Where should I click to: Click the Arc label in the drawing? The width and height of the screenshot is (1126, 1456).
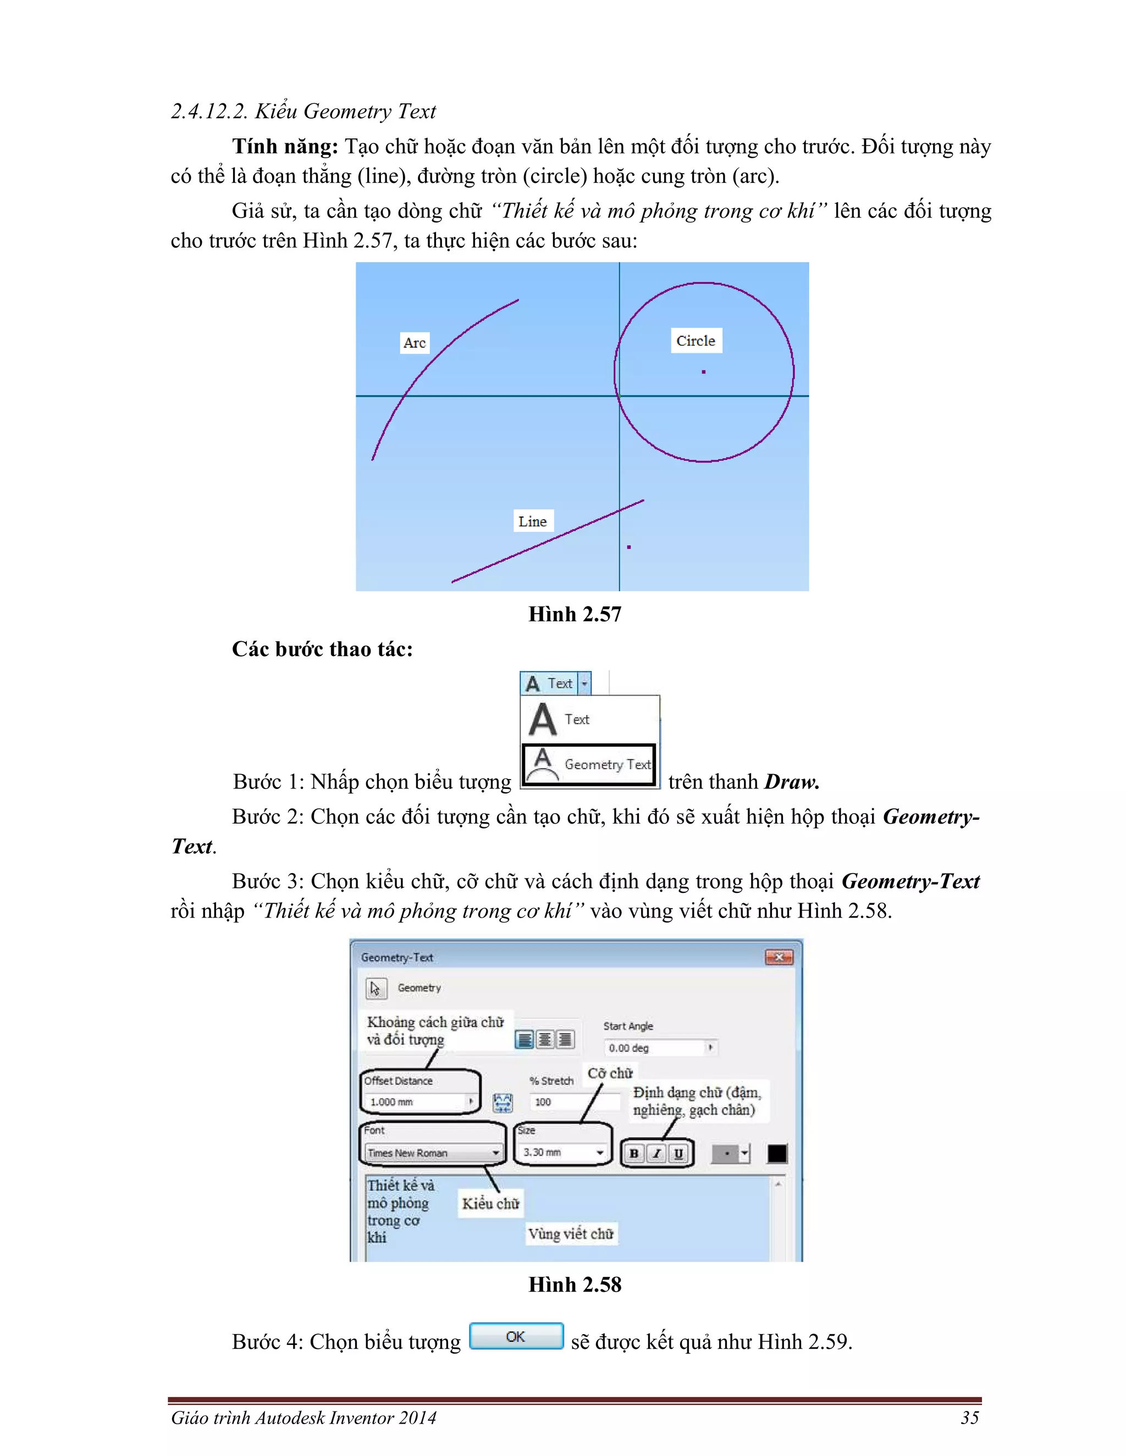click(414, 343)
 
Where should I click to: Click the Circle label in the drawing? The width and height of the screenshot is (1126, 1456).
click(696, 341)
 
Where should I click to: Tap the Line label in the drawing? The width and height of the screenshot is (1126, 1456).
click(532, 521)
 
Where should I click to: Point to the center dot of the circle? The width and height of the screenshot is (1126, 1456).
click(703, 372)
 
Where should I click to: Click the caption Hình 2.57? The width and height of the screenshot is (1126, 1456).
click(575, 614)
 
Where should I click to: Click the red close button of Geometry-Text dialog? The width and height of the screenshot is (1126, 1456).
click(779, 957)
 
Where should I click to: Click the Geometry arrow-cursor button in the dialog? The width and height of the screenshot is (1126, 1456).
click(376, 988)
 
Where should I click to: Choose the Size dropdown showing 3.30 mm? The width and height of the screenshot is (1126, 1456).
click(563, 1152)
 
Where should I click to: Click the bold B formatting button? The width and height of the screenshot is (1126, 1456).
click(634, 1153)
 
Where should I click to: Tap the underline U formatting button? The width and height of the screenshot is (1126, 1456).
click(678, 1153)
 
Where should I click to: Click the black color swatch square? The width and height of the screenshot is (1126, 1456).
click(776, 1153)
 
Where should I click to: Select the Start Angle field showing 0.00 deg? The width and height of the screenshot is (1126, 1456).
click(657, 1048)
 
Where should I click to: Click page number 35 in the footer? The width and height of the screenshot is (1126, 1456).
click(969, 1418)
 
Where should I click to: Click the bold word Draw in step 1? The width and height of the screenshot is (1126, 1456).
click(791, 782)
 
